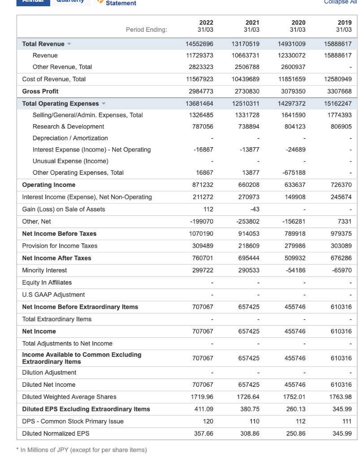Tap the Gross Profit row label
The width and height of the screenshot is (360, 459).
[40, 91]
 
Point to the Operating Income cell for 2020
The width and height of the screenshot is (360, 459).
[295, 185]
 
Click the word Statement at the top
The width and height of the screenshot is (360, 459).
[121, 3]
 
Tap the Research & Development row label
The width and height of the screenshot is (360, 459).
[68, 127]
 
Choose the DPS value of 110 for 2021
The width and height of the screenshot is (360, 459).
[254, 421]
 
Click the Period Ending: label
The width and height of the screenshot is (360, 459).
[146, 30]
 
